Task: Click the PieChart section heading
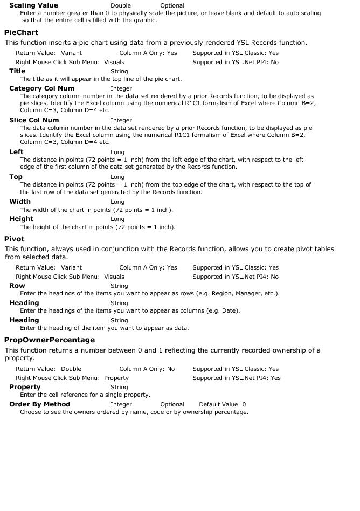[21, 33]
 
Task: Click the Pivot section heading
[14, 239]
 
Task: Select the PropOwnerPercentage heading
[50, 340]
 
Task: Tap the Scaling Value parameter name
[33, 5]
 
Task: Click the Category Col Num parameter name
[41, 88]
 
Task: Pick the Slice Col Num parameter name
[34, 120]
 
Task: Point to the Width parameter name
[20, 202]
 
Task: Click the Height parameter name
[21, 219]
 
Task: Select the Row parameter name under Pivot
[17, 286]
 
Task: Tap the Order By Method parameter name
[39, 404]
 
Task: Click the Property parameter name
[25, 387]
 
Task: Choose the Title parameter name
[17, 71]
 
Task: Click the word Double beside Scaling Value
[120, 6]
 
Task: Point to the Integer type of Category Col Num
[121, 89]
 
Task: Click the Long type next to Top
[117, 177]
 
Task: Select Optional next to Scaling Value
[172, 6]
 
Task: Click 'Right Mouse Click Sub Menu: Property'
[72, 378]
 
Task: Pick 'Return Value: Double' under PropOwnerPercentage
[49, 369]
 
